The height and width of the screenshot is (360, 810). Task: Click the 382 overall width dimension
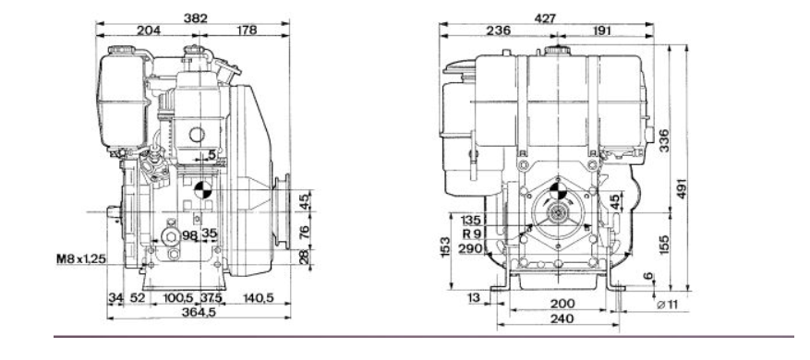195,18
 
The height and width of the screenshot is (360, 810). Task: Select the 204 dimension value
149,30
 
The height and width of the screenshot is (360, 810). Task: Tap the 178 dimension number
247,30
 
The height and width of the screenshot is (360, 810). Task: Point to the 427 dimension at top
545,18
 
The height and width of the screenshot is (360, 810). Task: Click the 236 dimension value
499,31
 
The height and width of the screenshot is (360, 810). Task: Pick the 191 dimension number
600,31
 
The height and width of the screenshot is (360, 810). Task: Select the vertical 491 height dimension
682,188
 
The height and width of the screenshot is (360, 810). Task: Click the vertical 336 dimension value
664,140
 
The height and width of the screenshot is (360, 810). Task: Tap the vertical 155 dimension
664,245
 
